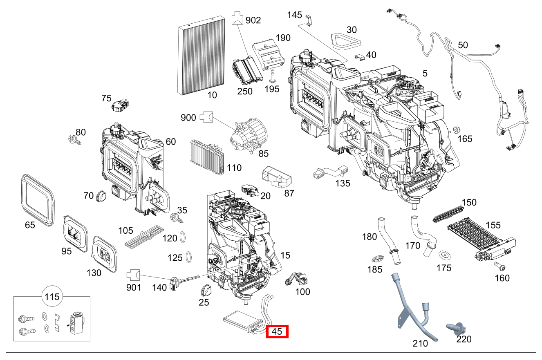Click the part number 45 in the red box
coord(277,332)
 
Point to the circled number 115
coord(52,296)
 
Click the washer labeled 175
coord(444,255)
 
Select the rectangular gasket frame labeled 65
coord(37,199)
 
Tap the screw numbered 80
coord(75,140)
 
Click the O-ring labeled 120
coord(184,237)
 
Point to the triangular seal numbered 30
coord(345,40)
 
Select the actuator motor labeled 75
coord(120,105)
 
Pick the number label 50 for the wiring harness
coord(463,45)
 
